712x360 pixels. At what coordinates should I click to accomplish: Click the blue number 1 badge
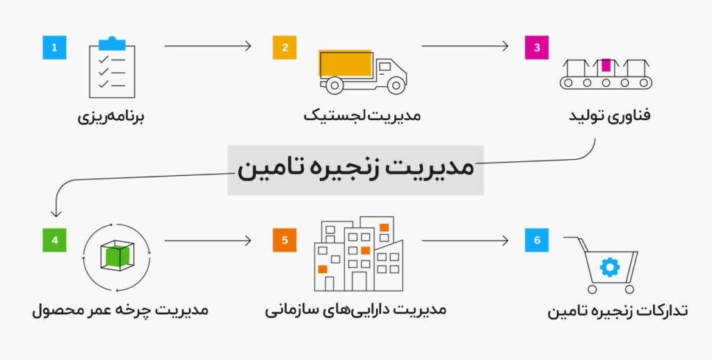[54, 48]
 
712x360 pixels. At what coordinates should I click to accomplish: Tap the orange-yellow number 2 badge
[284, 48]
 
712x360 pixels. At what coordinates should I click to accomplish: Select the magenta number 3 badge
[536, 48]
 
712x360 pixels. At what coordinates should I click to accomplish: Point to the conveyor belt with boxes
[606, 74]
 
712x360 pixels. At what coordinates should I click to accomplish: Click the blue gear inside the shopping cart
[609, 268]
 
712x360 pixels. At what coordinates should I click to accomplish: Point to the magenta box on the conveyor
[606, 65]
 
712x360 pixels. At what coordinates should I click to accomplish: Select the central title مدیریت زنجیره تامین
[355, 170]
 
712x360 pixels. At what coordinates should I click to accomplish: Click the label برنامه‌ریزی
[111, 115]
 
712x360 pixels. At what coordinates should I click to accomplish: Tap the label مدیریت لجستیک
[362, 115]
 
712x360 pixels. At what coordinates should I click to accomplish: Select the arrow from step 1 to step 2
[207, 47]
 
